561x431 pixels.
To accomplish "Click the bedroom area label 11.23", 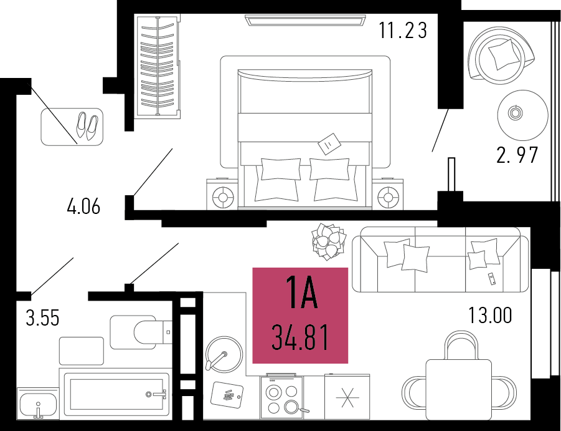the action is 403,30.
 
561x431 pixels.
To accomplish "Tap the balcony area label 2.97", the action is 517,155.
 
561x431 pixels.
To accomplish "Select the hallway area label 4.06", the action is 83,206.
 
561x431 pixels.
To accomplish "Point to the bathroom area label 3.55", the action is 42,317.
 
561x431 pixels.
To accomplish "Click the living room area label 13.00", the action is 490,315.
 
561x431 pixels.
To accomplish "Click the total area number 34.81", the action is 300,337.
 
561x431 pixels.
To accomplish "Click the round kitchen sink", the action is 224,354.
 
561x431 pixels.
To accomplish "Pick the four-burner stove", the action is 282,396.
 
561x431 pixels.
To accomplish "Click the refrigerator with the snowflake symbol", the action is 347,397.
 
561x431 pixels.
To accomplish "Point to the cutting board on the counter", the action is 227,394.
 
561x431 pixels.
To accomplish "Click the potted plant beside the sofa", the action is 328,241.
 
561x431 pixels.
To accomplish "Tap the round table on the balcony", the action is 523,115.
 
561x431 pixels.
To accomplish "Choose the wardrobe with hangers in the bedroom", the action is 158,67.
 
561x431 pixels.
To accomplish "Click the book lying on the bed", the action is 329,143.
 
